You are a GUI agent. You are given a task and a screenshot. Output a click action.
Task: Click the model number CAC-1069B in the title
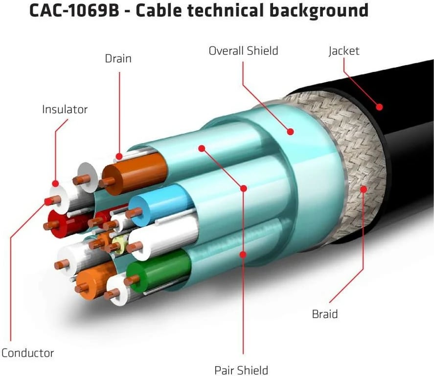click(73, 10)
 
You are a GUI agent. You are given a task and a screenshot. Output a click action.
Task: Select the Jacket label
click(344, 50)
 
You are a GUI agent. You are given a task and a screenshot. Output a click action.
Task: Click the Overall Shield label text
click(243, 50)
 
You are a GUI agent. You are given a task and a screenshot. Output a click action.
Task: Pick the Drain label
click(118, 59)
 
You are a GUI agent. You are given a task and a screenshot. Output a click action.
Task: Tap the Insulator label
click(65, 109)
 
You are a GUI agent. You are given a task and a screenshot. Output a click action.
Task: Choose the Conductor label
click(27, 352)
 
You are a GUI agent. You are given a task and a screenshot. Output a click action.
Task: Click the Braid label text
click(325, 313)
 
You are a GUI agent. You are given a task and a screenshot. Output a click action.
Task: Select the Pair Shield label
click(241, 370)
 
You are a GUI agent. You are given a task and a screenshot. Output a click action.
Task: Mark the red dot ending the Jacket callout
click(379, 106)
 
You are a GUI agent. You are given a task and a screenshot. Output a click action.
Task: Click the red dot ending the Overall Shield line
click(290, 131)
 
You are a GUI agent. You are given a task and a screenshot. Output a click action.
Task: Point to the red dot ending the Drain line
click(119, 157)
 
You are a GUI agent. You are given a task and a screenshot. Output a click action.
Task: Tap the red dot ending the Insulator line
click(55, 184)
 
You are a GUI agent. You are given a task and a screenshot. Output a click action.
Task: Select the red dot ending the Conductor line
click(47, 201)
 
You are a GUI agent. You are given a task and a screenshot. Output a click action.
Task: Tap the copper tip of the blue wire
click(134, 213)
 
